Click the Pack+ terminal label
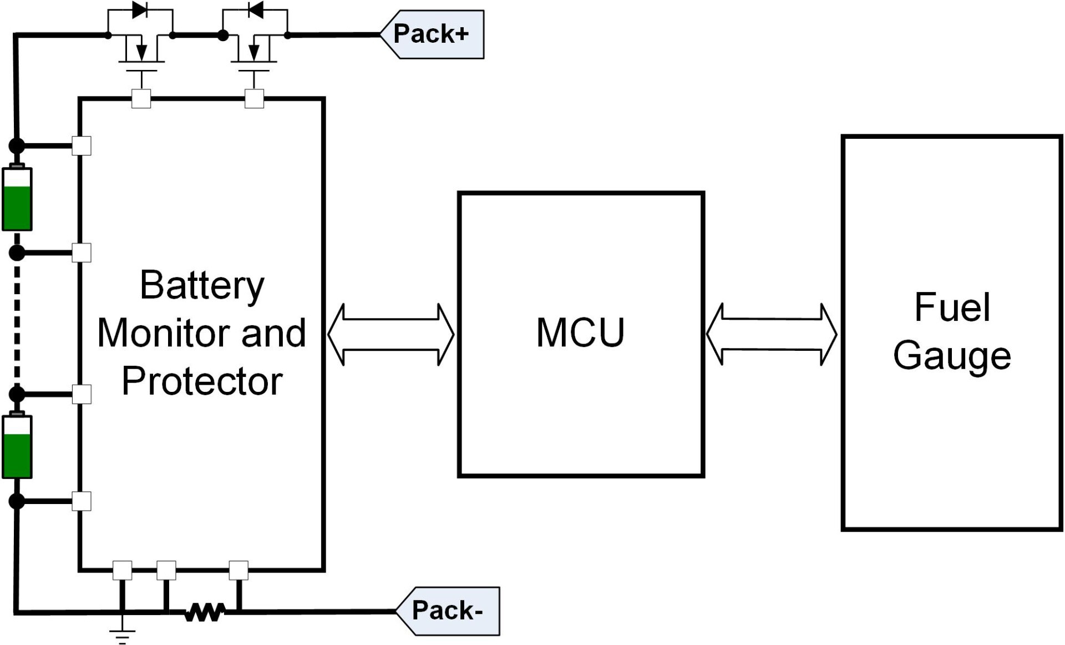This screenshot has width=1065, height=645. tap(432, 34)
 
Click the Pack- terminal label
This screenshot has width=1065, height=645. tap(447, 611)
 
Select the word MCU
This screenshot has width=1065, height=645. tap(580, 333)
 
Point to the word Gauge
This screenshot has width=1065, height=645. tap(952, 356)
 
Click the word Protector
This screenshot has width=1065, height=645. tap(202, 381)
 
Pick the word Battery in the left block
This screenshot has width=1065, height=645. tap(202, 285)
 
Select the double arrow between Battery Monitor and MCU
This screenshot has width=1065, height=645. tap(391, 334)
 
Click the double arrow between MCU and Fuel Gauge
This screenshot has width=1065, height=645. tap(772, 334)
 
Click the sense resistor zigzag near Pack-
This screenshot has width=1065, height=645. tap(205, 612)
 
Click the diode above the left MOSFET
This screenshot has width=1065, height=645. tap(140, 10)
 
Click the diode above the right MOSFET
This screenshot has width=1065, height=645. tap(255, 10)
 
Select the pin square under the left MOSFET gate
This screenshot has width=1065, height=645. tap(141, 99)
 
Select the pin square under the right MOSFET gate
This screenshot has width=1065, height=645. tap(254, 99)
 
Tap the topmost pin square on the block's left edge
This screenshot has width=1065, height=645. tap(82, 146)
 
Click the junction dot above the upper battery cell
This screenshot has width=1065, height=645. tap(17, 146)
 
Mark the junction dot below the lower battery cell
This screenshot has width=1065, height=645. tap(17, 501)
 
